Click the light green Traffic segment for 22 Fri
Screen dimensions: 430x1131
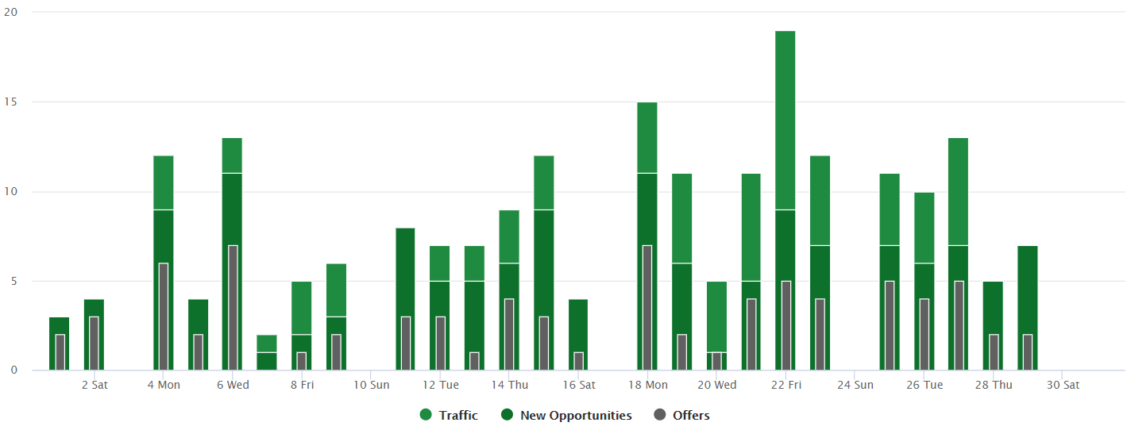tap(785, 120)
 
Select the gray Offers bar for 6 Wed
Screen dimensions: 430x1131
tap(233, 308)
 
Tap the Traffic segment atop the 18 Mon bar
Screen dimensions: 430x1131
tap(647, 137)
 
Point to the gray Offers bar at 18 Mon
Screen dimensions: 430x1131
tap(647, 308)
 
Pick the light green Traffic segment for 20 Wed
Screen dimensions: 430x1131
tap(716, 317)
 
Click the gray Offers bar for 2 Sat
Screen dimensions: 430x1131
tap(94, 344)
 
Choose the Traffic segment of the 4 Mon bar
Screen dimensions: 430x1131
tap(163, 182)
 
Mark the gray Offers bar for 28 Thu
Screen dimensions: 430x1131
tap(994, 352)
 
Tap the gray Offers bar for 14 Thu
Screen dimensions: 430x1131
tap(509, 334)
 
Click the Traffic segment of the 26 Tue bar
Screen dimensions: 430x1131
tap(924, 228)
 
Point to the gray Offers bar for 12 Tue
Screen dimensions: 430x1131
tap(440, 344)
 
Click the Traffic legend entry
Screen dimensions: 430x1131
tap(450, 415)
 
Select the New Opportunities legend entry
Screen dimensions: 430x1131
tap(566, 415)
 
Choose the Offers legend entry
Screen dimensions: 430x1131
tap(681, 415)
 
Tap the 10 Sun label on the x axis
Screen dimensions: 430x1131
tap(371, 386)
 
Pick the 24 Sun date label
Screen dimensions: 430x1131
tap(855, 386)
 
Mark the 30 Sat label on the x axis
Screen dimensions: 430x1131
tap(1063, 386)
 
